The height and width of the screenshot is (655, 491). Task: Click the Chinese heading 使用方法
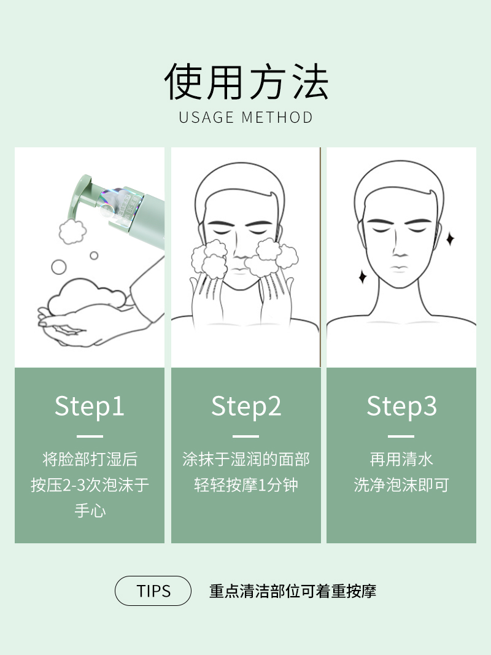246,82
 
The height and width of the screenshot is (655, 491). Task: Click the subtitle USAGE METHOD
245,118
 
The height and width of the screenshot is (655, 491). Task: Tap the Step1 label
90,406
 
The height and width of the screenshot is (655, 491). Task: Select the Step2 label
246,406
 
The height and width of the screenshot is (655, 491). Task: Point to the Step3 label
401,406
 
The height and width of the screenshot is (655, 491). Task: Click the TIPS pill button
153,591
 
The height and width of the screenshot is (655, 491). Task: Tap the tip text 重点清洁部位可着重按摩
293,591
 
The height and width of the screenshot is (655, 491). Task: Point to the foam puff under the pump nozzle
72,231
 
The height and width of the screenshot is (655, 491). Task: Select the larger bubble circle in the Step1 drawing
59,267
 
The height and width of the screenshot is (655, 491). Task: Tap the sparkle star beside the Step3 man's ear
450,239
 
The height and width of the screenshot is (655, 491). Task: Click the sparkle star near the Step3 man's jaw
362,276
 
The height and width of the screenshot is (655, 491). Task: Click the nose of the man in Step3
400,249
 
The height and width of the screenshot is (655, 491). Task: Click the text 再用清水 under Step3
401,459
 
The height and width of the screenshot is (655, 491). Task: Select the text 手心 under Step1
90,511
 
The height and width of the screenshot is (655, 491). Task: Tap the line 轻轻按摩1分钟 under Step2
246,485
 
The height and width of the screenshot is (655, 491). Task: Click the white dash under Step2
245,436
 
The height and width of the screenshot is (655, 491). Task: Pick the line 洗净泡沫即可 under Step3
401,485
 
